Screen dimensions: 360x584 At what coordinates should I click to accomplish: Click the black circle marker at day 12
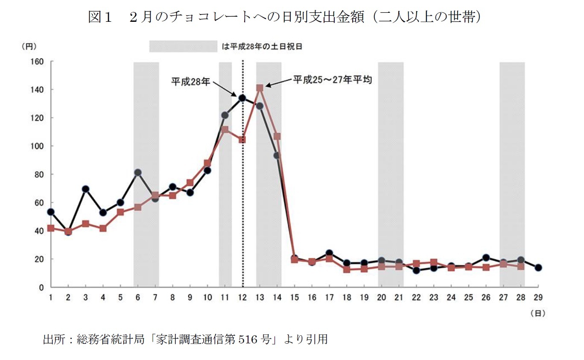(x=242, y=98)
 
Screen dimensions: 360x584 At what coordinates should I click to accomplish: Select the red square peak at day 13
(x=260, y=88)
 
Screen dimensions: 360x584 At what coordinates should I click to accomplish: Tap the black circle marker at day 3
(x=85, y=189)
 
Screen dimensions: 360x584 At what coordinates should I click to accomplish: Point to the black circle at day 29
(x=538, y=268)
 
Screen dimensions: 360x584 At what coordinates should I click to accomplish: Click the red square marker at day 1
(x=51, y=228)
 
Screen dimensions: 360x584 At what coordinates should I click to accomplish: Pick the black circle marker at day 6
(x=138, y=173)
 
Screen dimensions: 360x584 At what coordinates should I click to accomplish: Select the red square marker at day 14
(x=277, y=137)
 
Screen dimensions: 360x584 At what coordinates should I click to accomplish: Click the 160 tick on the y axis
(x=38, y=61)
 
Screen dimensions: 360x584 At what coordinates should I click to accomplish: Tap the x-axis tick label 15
(x=295, y=297)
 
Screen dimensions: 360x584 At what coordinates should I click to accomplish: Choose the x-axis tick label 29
(x=538, y=297)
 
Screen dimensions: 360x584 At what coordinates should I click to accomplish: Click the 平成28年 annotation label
(x=190, y=81)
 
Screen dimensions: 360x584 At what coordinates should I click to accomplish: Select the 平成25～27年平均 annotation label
(x=332, y=79)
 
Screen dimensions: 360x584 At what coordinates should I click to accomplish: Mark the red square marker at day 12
(x=242, y=140)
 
